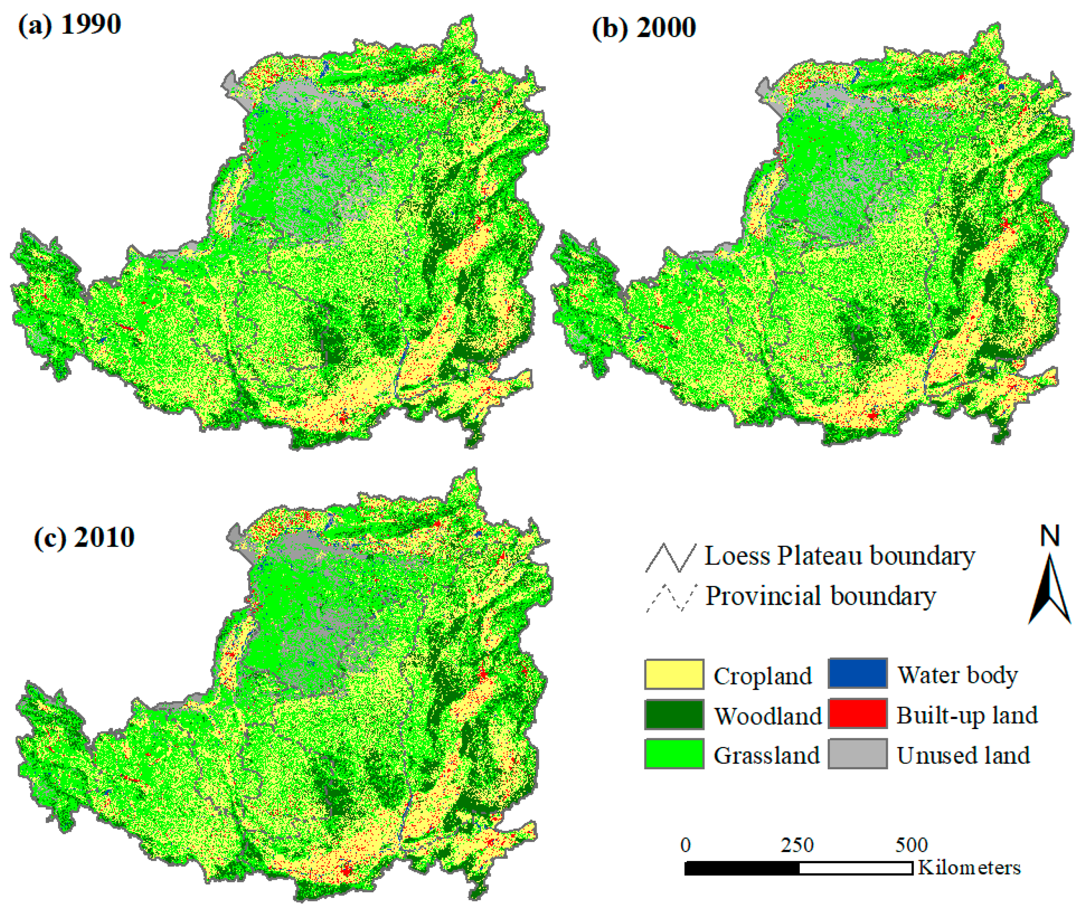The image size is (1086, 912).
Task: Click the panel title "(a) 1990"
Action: (x=69, y=24)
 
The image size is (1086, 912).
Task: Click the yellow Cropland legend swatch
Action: (x=674, y=675)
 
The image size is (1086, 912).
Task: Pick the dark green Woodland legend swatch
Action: (x=674, y=714)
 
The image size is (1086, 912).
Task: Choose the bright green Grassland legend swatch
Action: (x=674, y=754)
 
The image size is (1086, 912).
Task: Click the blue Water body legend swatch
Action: (x=857, y=674)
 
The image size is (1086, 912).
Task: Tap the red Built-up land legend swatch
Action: (x=857, y=713)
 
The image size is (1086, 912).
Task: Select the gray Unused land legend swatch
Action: (x=857, y=754)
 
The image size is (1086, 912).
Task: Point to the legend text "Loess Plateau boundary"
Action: (x=840, y=556)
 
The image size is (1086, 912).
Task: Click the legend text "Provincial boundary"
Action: (x=821, y=596)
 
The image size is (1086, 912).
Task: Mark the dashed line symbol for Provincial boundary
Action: (x=671, y=598)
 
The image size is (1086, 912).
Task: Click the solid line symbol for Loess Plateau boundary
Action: (x=671, y=558)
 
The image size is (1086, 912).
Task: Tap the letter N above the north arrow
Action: (x=1050, y=535)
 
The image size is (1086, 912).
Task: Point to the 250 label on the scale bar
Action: (x=797, y=845)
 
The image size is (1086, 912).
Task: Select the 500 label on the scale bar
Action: (x=911, y=845)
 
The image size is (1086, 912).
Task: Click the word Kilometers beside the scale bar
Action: (x=969, y=867)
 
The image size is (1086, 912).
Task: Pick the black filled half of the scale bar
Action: (x=742, y=868)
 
